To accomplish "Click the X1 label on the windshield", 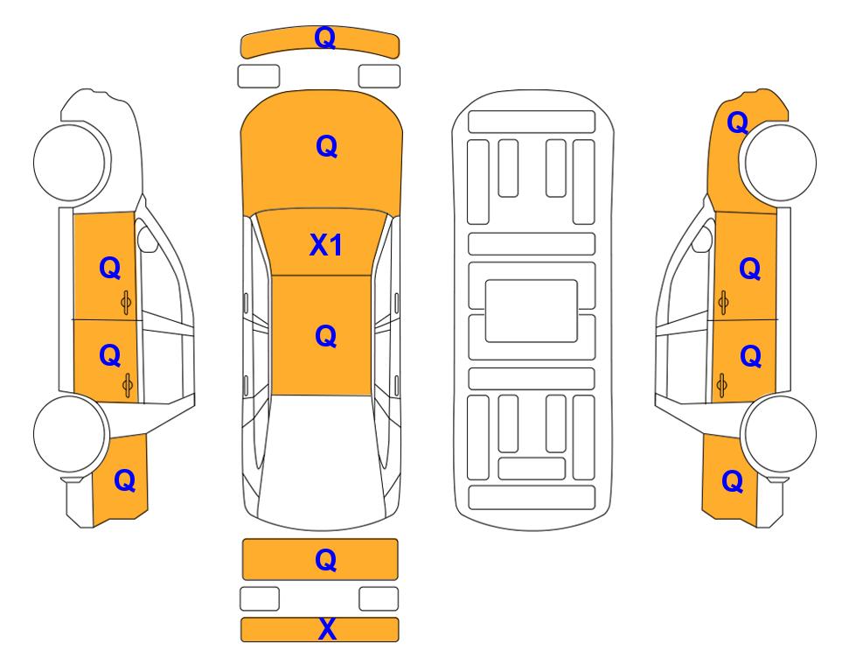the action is click(x=326, y=245).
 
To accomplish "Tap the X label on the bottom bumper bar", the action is click(x=327, y=629).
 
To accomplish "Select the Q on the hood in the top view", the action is click(x=326, y=146).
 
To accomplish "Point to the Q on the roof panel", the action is click(x=326, y=337).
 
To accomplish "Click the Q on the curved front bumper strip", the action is click(x=325, y=38).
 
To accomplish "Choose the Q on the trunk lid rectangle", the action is click(x=326, y=560).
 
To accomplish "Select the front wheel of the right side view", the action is click(x=778, y=163).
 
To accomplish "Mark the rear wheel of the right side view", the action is click(x=778, y=434).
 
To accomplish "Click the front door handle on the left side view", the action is click(x=126, y=304).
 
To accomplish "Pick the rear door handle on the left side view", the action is click(x=128, y=385).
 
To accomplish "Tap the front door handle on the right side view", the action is click(x=723, y=304).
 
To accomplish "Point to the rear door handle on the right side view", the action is click(x=722, y=385).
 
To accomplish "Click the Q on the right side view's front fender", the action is click(x=738, y=123).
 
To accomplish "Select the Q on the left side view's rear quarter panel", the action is click(x=124, y=480).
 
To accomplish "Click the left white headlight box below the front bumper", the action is click(x=259, y=76).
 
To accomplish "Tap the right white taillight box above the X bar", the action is click(x=379, y=598).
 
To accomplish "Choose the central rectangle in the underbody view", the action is click(x=531, y=311).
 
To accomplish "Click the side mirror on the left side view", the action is click(x=146, y=239).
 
